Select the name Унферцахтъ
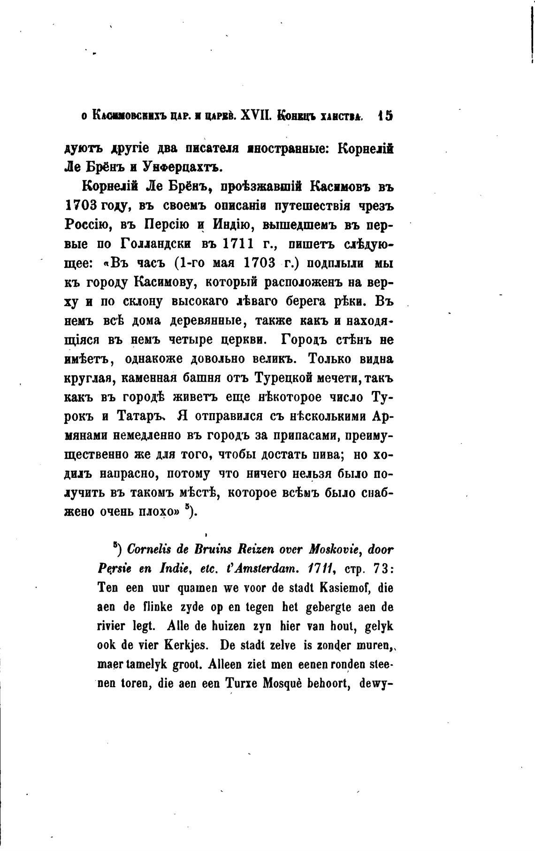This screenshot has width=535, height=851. [180, 167]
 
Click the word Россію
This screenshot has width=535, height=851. [87, 224]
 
